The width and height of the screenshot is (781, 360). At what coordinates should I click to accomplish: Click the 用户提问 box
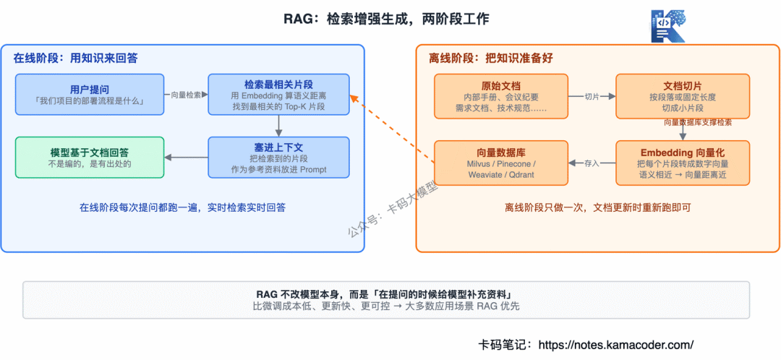tap(90, 94)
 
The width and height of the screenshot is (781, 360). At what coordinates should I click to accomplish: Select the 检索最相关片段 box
tap(279, 94)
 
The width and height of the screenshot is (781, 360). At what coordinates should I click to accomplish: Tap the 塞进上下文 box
tap(279, 158)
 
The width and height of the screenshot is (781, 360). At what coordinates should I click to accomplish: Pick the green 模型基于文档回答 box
tap(90, 158)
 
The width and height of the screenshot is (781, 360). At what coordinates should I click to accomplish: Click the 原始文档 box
tap(501, 97)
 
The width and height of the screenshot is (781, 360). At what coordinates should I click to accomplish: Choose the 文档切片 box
tap(683, 97)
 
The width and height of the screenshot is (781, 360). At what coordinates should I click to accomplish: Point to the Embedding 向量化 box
tap(683, 163)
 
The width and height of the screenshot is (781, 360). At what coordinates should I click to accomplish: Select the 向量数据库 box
tap(501, 163)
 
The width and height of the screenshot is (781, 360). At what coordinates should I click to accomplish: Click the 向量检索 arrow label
tap(187, 95)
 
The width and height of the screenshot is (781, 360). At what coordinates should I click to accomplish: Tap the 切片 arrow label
tap(592, 97)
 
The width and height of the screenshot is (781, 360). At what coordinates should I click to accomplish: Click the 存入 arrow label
tap(592, 163)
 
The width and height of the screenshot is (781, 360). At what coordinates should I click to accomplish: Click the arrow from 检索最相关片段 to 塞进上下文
tap(279, 126)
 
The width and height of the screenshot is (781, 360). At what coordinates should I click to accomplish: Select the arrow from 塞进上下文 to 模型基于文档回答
tap(187, 158)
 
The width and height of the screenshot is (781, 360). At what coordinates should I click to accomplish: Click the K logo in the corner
tap(668, 26)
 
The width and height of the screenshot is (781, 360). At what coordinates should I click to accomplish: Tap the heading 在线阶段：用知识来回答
tap(76, 59)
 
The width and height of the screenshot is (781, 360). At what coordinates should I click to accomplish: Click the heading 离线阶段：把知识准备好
tap(491, 59)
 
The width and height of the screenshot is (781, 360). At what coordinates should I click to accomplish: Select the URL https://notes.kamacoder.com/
tap(617, 345)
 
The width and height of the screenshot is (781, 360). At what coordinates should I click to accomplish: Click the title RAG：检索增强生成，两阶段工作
tap(386, 19)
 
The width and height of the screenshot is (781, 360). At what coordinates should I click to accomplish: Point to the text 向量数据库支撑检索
tap(698, 122)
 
